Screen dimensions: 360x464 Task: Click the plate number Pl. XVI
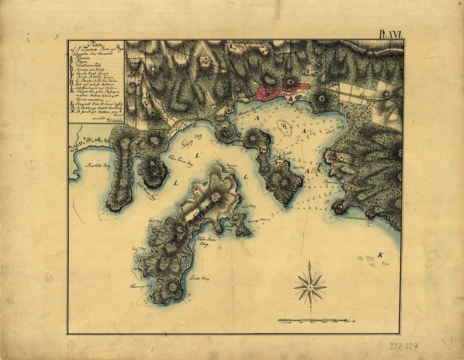coord(390,35)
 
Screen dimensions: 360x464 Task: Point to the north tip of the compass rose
coord(309,262)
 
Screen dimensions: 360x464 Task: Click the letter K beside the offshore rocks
coord(380,256)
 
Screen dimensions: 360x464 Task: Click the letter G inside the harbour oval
coord(286,127)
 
